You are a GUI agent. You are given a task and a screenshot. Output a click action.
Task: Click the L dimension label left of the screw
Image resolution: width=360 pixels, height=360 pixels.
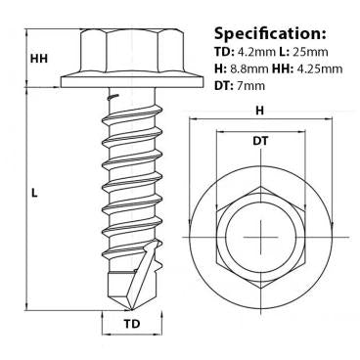pos(33,194)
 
